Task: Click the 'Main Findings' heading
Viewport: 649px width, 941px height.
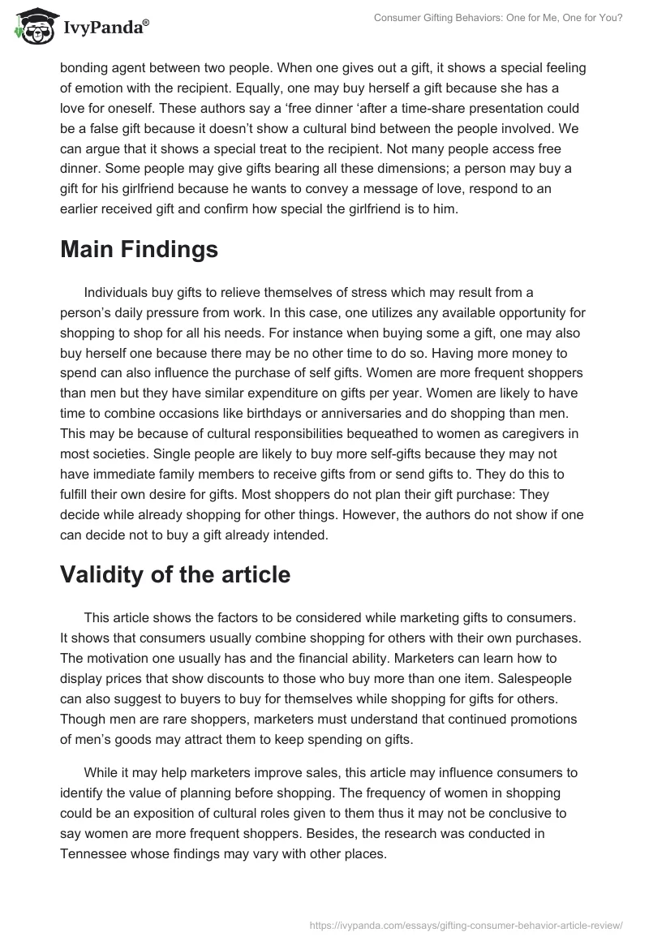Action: pyautogui.click(x=139, y=249)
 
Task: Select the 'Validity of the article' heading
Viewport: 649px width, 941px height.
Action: pyautogui.click(x=174, y=574)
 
